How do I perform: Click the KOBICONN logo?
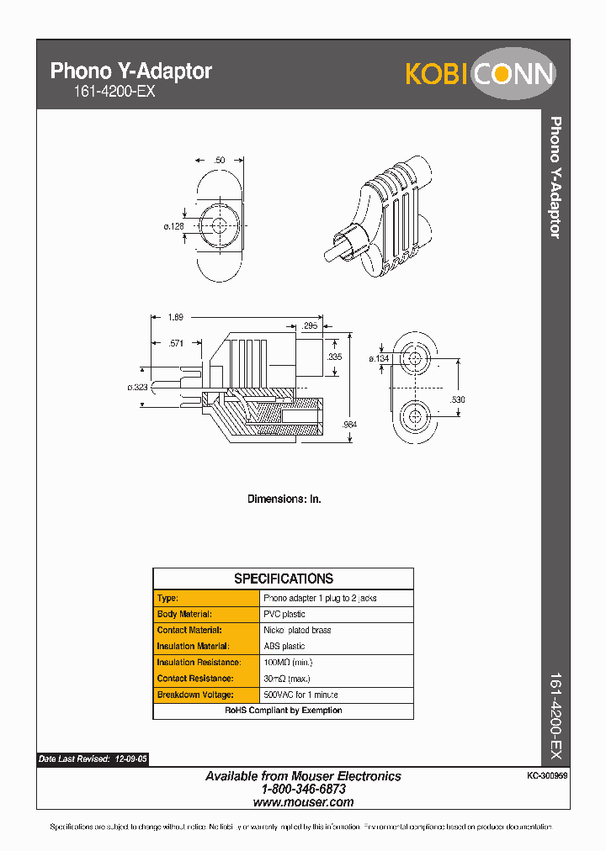[480, 73]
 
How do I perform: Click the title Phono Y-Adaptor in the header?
[131, 71]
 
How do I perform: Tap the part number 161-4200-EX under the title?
[103, 92]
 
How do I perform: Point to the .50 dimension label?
[219, 160]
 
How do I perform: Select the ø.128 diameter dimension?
[174, 226]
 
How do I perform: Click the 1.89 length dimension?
[175, 317]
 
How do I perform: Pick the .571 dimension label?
[176, 343]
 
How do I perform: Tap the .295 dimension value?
[310, 325]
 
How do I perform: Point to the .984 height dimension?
[350, 425]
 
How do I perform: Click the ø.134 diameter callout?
[380, 359]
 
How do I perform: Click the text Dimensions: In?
[284, 499]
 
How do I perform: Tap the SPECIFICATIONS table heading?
[284, 579]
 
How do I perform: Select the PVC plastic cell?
[284, 614]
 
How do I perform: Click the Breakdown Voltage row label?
[195, 695]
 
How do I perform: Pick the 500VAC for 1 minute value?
[300, 695]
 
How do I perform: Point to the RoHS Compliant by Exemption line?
[284, 711]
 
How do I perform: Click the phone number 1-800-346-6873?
[303, 790]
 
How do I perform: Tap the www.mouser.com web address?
[303, 802]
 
